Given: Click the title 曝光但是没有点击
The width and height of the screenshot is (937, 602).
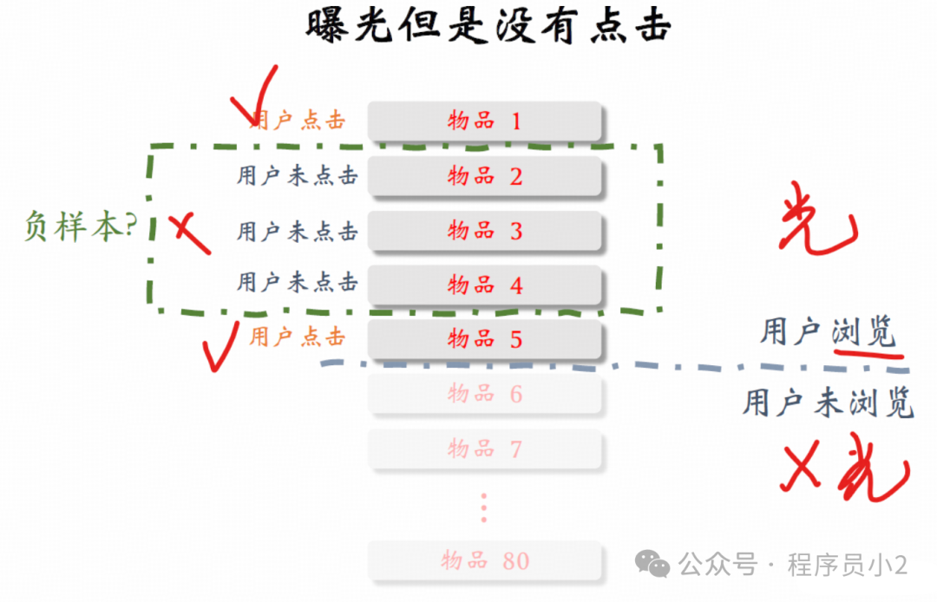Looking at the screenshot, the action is (x=488, y=26).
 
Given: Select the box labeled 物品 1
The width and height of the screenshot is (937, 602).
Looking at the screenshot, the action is (x=485, y=121).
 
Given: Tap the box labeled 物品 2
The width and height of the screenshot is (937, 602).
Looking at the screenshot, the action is (x=485, y=176).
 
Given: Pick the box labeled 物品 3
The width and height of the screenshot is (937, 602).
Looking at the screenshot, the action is (x=485, y=231).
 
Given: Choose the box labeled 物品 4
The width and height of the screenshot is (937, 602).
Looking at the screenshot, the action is (x=485, y=285).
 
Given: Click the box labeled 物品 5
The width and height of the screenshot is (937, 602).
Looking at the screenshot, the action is (x=485, y=338).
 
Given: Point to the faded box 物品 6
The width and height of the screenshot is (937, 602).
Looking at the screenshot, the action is (x=485, y=394).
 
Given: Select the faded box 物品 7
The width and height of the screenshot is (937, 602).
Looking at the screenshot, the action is (x=485, y=448).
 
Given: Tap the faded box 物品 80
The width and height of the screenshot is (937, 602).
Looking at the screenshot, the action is (x=485, y=560).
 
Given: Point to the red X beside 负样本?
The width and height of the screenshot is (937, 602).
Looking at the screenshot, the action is (x=188, y=232).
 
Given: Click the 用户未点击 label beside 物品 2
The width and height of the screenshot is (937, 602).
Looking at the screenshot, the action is (x=298, y=176).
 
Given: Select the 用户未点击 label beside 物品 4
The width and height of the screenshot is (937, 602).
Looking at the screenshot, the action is (x=298, y=282).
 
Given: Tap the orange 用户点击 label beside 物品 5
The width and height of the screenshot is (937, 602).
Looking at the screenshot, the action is (x=298, y=337).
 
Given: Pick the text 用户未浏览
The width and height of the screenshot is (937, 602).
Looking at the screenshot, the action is (x=828, y=402).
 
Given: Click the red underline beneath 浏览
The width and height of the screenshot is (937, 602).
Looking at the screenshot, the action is (x=868, y=351).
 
